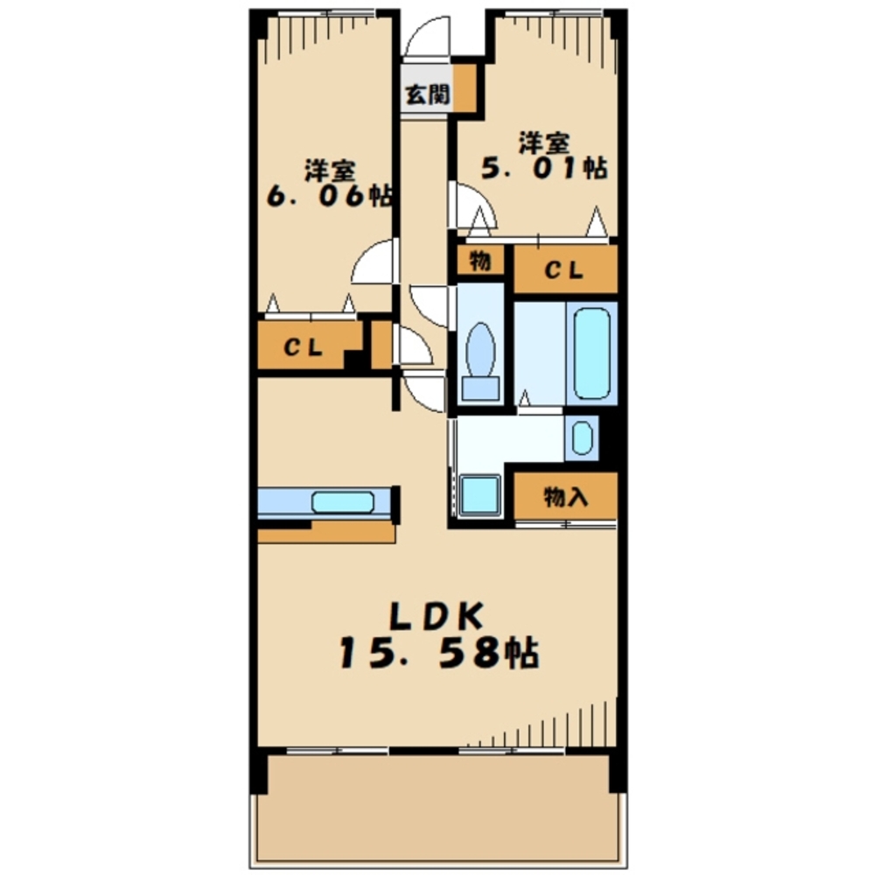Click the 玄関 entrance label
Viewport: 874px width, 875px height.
point(427,94)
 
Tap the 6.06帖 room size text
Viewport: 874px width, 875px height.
point(329,196)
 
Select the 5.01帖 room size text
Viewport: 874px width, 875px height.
point(544,167)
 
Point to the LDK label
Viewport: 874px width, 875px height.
point(437,617)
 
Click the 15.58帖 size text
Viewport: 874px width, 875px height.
point(438,654)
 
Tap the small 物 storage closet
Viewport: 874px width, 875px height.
point(480,261)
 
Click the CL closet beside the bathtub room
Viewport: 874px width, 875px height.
point(565,269)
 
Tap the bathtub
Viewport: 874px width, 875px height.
point(591,353)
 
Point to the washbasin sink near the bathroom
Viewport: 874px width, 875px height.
point(582,438)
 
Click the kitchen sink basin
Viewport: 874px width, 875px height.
point(342,502)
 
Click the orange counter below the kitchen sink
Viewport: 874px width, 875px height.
point(326,532)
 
